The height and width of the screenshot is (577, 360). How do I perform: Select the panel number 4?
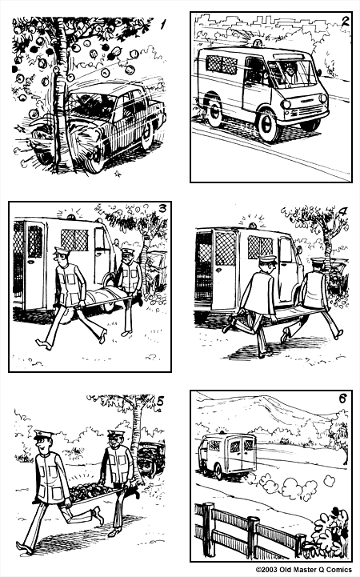(x=342, y=212)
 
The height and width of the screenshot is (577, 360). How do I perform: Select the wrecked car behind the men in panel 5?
(x=150, y=458)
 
